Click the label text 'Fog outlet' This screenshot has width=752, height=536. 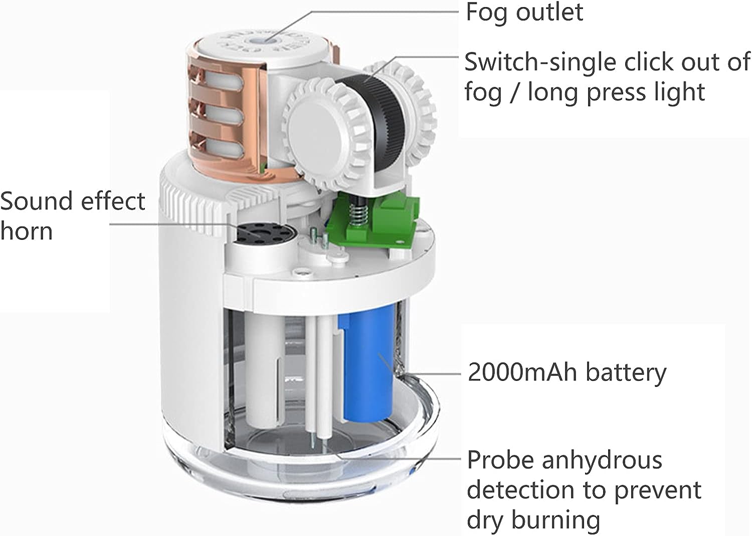[x=524, y=12]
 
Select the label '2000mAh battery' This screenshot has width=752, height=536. [x=567, y=373]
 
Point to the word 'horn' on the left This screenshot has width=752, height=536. [x=27, y=231]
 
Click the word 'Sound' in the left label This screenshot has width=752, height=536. [x=37, y=201]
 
